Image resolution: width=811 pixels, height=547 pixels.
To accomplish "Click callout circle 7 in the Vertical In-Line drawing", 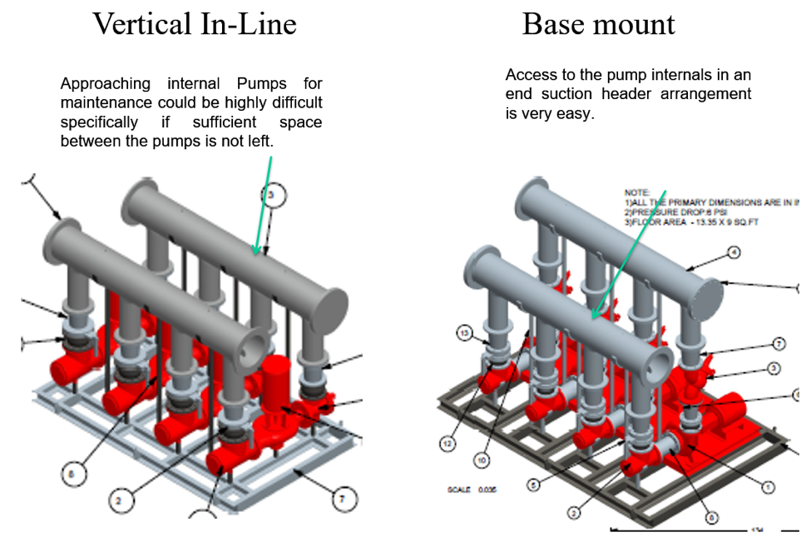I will click(341, 499).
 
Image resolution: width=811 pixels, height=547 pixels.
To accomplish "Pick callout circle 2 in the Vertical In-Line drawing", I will click(119, 500).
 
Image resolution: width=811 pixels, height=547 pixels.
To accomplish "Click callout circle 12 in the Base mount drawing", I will click(448, 445).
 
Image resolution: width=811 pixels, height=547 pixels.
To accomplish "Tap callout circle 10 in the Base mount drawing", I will click(481, 459).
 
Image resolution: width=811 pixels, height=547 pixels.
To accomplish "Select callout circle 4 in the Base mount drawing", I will click(734, 251).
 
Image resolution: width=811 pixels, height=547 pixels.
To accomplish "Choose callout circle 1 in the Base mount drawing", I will click(769, 486).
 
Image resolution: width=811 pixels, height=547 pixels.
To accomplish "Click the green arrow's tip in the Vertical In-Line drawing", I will click(256, 252).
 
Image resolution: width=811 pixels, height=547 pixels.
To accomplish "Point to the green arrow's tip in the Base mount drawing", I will click(593, 318).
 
